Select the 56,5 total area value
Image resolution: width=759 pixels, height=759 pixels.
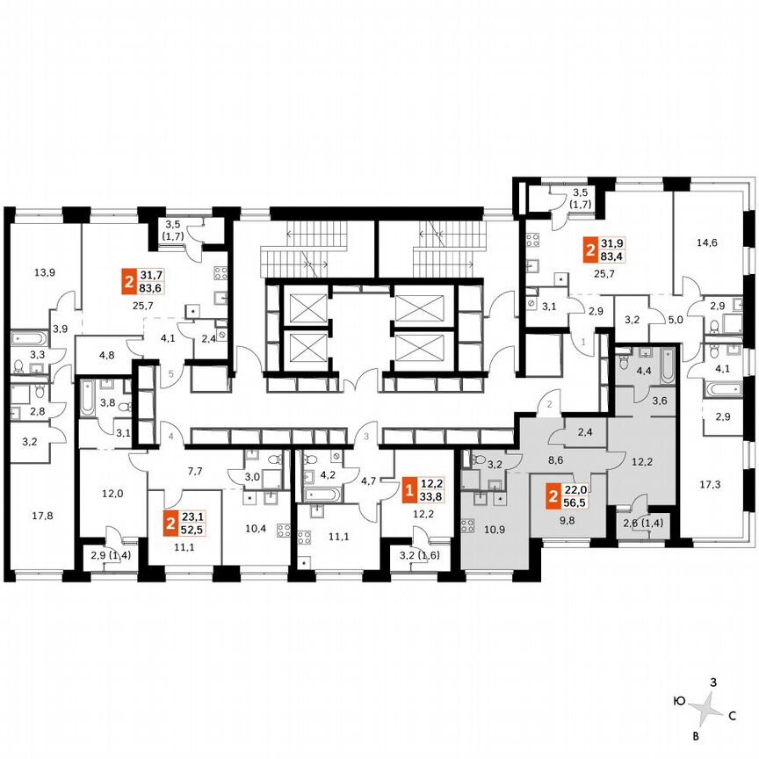tap(574, 504)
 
